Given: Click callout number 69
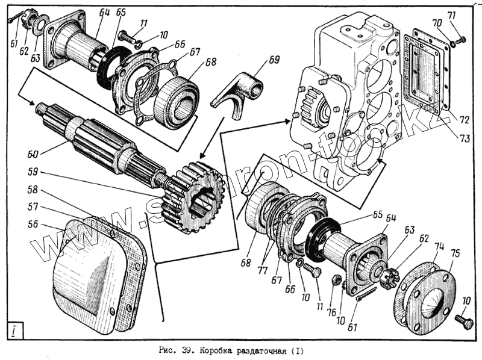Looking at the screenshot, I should pos(274,60).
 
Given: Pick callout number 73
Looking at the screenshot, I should pos(465,138).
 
